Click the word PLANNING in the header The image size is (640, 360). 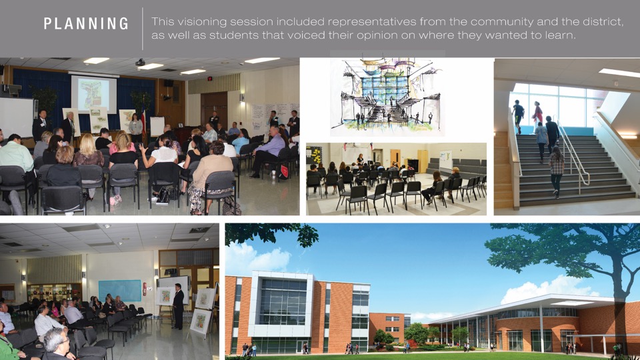point(86,24)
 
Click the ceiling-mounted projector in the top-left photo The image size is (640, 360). point(140,62)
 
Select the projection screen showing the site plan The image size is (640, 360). point(93,94)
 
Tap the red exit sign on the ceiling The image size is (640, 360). point(209,78)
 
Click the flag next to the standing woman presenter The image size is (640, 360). point(143,119)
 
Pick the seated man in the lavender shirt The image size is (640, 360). point(269,151)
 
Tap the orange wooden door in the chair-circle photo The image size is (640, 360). point(395,159)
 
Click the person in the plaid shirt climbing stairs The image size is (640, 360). point(556,171)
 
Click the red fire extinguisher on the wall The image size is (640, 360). point(145,289)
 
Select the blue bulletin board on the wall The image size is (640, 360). point(119,290)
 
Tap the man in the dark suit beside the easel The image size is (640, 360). point(178,306)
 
